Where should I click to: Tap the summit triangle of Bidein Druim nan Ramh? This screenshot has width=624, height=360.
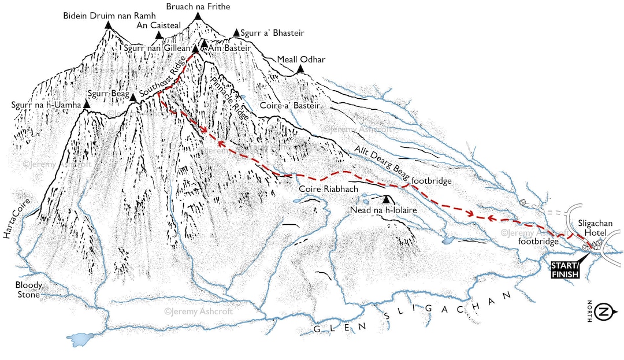click(107, 25)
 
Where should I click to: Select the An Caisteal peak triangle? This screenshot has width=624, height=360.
click(159, 35)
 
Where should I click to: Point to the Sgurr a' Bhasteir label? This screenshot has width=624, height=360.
click(272, 33)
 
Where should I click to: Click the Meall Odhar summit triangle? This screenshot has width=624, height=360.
click(300, 69)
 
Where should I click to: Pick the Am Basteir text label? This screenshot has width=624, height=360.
click(229, 49)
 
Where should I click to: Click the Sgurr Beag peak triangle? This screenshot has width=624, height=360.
click(132, 98)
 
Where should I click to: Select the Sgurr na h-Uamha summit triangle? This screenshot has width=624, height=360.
click(87, 105)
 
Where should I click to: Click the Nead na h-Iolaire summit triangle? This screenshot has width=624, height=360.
click(387, 199)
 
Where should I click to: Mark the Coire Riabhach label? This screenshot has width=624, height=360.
click(325, 189)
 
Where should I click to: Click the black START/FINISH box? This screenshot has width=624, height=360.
click(565, 270)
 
